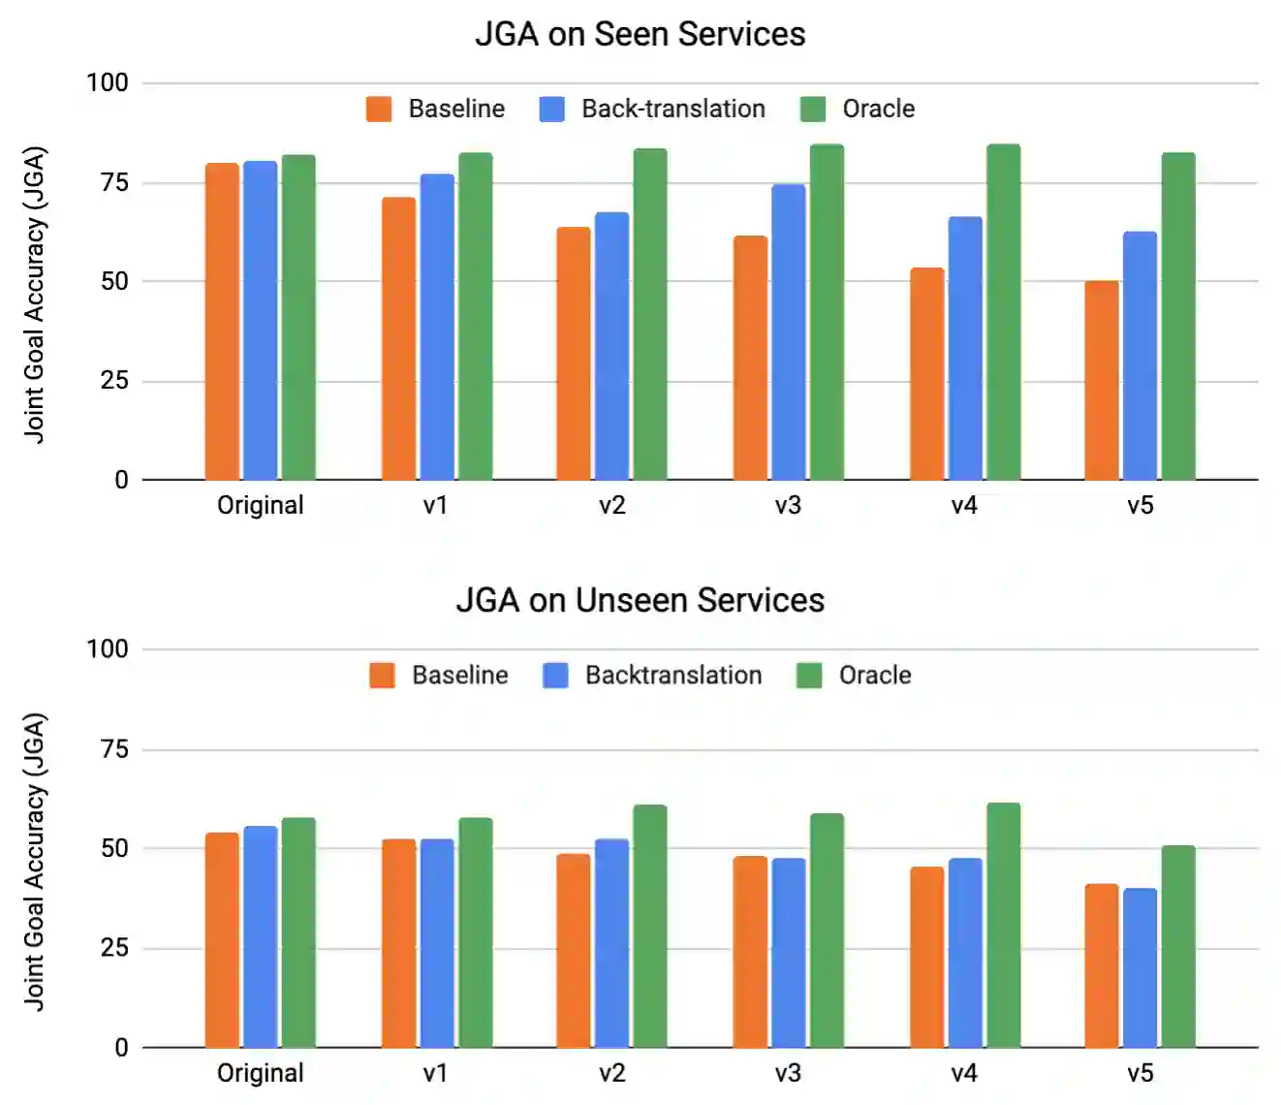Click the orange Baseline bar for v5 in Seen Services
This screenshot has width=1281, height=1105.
click(x=1101, y=380)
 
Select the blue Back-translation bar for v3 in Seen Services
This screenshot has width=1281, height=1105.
click(x=788, y=331)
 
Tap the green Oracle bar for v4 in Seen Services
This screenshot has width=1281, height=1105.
click(x=1003, y=312)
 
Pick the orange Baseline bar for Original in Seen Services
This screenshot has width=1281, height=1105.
click(x=222, y=322)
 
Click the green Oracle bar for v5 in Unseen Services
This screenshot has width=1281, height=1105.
click(x=1178, y=946)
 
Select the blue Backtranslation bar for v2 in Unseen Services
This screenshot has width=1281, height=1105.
click(x=611, y=943)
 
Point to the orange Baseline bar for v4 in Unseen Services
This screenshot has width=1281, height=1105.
click(x=926, y=957)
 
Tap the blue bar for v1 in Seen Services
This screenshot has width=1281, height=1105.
click(x=437, y=327)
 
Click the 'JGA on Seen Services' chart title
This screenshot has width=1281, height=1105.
click(x=640, y=34)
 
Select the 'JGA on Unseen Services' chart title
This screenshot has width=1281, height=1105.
click(x=640, y=600)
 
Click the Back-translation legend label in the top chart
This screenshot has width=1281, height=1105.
click(x=672, y=109)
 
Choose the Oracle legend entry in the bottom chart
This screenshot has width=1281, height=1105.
click(x=874, y=675)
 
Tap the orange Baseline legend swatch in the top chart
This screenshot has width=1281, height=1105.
click(x=379, y=109)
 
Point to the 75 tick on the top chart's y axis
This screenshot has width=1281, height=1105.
click(x=114, y=182)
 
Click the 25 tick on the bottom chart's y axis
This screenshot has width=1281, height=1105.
click(x=114, y=947)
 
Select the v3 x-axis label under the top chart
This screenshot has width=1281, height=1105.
click(x=788, y=505)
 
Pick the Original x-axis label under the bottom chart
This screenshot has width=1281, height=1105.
click(x=260, y=1073)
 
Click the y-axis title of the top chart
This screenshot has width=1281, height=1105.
click(x=35, y=295)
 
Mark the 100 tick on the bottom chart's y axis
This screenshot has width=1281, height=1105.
click(x=107, y=648)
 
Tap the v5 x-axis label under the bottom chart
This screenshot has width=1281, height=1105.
click(x=1140, y=1073)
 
